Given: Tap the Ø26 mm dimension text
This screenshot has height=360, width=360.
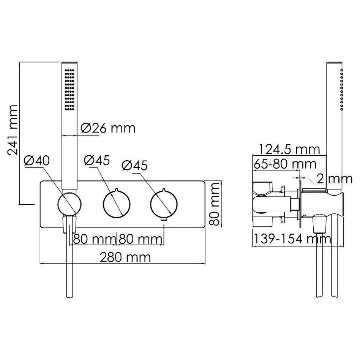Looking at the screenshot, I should pos(108,128).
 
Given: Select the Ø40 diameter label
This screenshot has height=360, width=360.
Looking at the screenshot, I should pos(36,161).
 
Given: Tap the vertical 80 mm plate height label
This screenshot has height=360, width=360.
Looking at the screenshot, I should pos(215,204).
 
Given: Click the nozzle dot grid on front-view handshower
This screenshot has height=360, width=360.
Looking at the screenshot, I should pos(69,90).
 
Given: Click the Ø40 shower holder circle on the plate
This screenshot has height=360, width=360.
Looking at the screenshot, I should pos(69,204).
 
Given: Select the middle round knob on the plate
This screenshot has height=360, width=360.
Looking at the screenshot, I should pos(117,204).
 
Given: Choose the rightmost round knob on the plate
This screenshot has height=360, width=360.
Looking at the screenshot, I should pos(164,204).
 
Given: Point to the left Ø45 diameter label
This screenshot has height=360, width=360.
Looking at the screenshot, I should pos(96,160).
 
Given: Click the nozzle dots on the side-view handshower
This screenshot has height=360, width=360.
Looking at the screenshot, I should pos(341,90).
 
